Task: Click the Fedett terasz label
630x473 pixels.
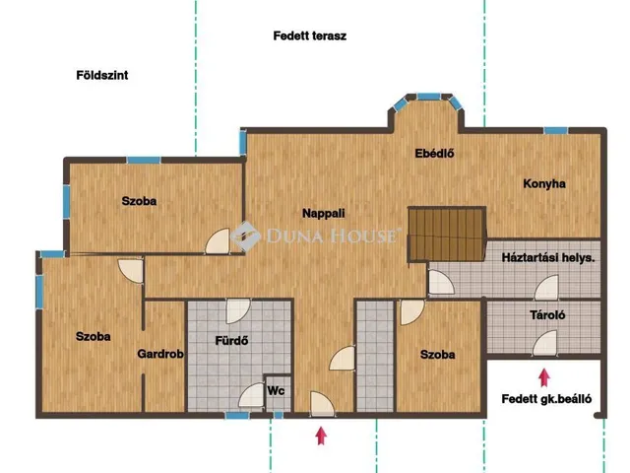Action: coord(309,35)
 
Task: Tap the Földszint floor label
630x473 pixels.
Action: coord(102,75)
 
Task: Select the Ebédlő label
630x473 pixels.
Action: coord(434,154)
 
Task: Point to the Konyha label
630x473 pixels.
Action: coord(544,184)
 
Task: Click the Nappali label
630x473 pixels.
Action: coord(324,213)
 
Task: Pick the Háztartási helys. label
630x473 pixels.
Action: coord(548,257)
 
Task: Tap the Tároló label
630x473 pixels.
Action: coord(547,315)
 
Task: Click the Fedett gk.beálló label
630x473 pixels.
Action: coord(546,399)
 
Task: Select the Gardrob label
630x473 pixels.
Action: coord(160,354)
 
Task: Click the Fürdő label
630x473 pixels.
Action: coord(231,341)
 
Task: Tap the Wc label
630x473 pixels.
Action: coord(276,391)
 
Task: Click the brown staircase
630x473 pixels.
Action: coord(446,235)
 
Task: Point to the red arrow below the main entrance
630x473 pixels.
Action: coord(321,436)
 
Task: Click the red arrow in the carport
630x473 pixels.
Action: coord(544,377)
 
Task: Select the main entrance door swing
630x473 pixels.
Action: coord(322,404)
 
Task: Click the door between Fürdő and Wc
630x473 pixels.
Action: coord(252,395)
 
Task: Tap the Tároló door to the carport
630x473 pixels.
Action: coord(545,343)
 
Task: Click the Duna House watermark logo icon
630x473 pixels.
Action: coord(245,236)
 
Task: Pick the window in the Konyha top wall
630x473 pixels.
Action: coord(555,130)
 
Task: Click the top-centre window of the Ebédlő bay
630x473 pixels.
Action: coord(428,97)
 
